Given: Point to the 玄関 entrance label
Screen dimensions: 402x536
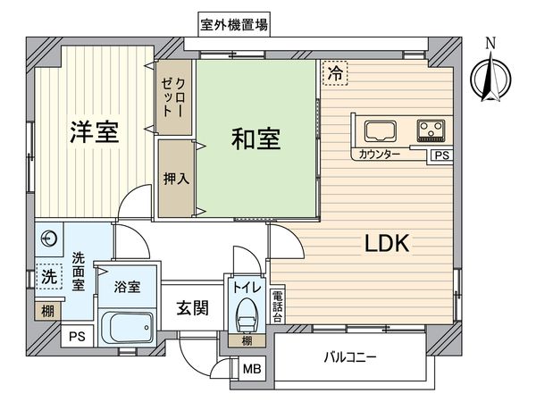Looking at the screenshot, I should point(191,308).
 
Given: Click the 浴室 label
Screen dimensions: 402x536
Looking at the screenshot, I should point(126,288).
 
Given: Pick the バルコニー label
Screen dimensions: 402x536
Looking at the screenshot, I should point(349,358).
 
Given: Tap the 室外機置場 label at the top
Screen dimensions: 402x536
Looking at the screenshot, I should point(234,24).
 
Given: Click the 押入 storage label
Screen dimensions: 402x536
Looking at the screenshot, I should point(176,179).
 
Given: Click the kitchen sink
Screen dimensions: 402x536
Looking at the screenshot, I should point(376,130).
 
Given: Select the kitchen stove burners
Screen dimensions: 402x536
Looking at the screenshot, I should point(431,130).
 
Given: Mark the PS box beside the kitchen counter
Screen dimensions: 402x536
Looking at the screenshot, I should point(440,155).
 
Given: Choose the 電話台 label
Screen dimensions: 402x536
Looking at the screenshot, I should point(277,306).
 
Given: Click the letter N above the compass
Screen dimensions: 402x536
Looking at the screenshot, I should point(489,42).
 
